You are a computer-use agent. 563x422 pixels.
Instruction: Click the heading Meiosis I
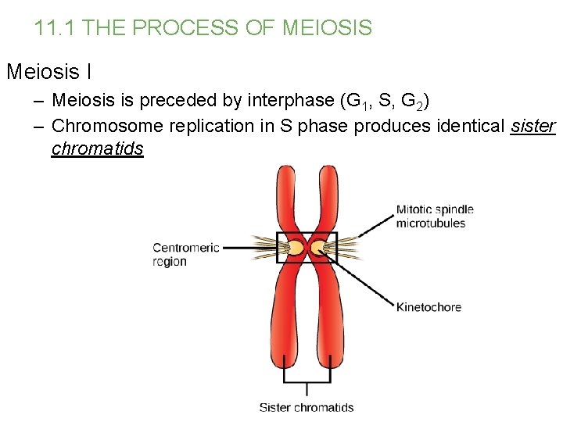48,73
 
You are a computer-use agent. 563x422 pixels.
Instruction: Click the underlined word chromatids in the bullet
97,148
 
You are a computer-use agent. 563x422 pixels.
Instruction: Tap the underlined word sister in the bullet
532,126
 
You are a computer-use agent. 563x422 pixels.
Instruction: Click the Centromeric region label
185,254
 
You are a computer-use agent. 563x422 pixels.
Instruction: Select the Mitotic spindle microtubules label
434,216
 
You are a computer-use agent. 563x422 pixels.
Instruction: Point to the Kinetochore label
428,307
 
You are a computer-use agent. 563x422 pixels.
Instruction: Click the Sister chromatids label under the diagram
306,407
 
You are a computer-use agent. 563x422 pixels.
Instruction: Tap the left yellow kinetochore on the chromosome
296,249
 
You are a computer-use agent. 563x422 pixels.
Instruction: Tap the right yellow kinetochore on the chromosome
318,249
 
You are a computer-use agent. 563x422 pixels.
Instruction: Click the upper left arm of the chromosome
287,195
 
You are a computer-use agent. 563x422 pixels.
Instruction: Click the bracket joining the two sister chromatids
307,384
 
